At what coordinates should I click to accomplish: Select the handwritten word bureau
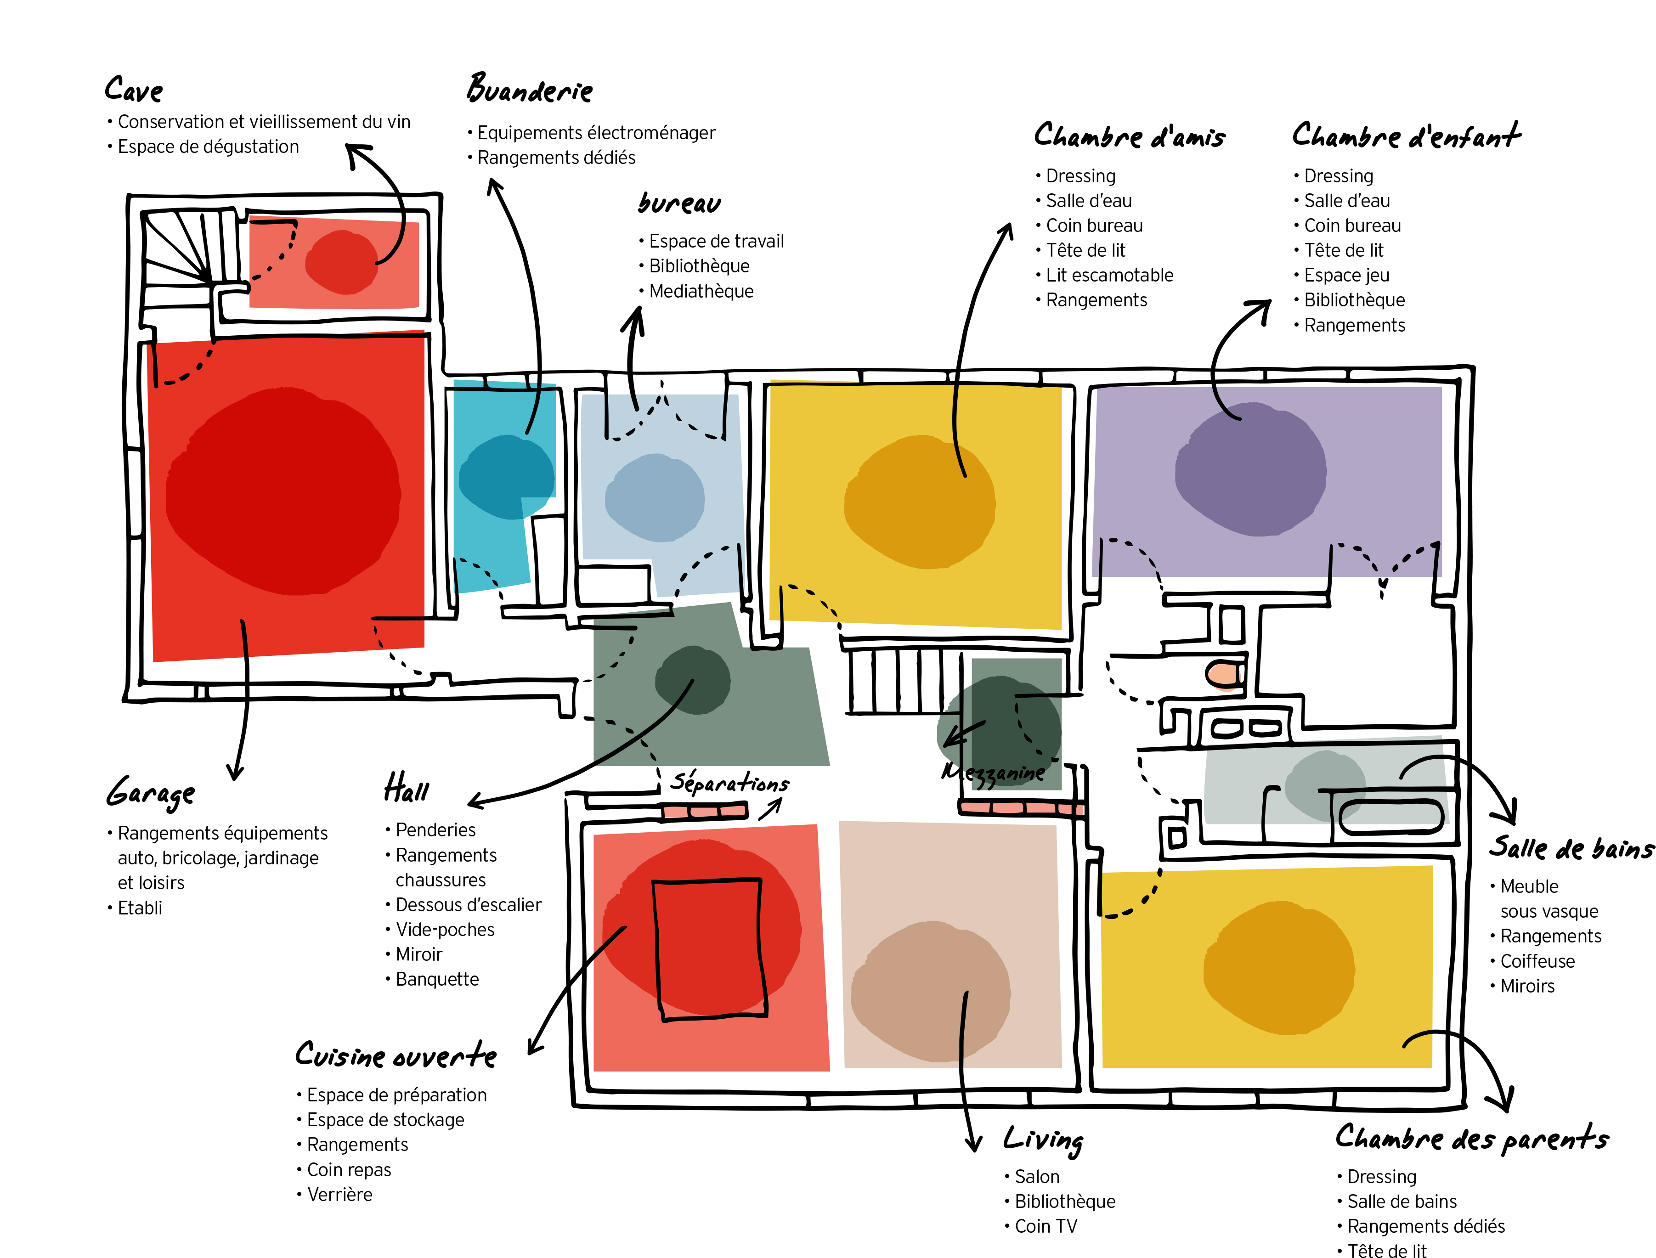coord(679,203)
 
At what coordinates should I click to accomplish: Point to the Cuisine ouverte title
coord(396,1055)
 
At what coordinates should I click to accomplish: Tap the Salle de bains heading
coord(1571,848)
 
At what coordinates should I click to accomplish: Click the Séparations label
coord(729,783)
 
